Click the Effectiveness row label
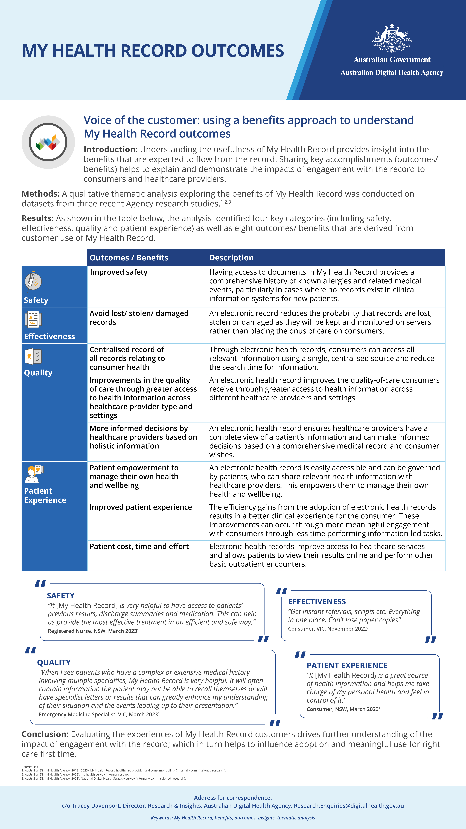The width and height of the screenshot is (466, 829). tap(49, 336)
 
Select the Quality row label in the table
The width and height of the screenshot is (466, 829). tap(38, 373)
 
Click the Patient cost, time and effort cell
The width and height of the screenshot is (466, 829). tap(139, 546)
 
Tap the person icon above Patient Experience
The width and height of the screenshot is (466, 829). tap(33, 474)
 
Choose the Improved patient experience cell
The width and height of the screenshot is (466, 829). tap(141, 507)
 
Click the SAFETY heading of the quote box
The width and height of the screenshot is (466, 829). tap(60, 596)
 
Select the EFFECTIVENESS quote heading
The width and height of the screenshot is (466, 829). tap(317, 602)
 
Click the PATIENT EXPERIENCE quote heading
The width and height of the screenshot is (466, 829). tap(347, 665)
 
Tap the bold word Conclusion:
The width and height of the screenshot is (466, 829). tap(45, 734)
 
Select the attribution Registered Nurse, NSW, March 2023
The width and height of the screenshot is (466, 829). tap(93, 631)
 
